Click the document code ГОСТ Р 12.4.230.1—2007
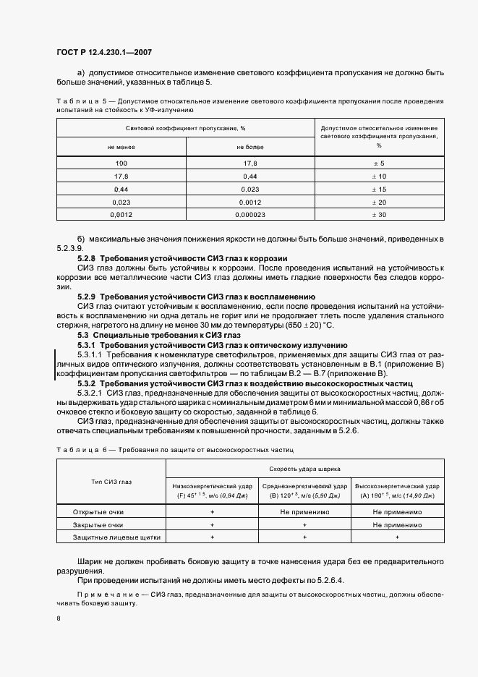coord(103,52)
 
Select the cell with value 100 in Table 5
coord(121,163)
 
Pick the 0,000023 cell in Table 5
coord(250,215)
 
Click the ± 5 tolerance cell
coord(379,163)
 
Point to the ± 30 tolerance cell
coord(379,215)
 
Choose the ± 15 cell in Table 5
coord(379,189)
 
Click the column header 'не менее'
coord(121,147)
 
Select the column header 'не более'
coord(250,147)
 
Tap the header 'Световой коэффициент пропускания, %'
coord(185,128)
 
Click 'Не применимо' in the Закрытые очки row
coord(397,524)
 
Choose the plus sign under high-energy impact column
coord(397,537)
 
